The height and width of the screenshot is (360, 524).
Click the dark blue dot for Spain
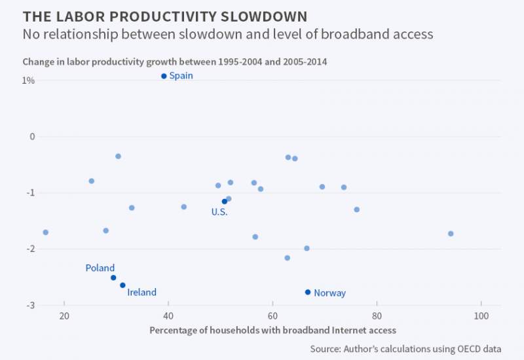pyautogui.click(x=164, y=76)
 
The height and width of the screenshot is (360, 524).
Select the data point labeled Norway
pyautogui.click(x=308, y=292)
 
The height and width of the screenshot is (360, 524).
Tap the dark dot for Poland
pyautogui.click(x=113, y=278)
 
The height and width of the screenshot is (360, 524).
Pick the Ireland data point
pyautogui.click(x=122, y=285)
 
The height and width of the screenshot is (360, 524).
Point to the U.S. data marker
pyautogui.click(x=225, y=202)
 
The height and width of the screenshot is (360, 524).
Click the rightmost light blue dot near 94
pyautogui.click(x=451, y=234)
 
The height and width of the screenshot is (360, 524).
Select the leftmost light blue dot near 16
pyautogui.click(x=45, y=232)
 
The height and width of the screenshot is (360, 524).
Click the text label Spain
pyautogui.click(x=181, y=76)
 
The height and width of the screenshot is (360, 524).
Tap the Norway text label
pyautogui.click(x=329, y=293)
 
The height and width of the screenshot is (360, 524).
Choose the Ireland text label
pyautogui.click(x=142, y=293)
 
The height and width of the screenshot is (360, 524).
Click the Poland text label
pyautogui.click(x=100, y=268)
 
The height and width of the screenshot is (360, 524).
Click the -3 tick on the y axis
pyautogui.click(x=30, y=305)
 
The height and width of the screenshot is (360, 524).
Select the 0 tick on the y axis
pyautogui.click(x=32, y=137)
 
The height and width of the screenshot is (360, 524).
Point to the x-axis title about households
pyautogui.click(x=272, y=330)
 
